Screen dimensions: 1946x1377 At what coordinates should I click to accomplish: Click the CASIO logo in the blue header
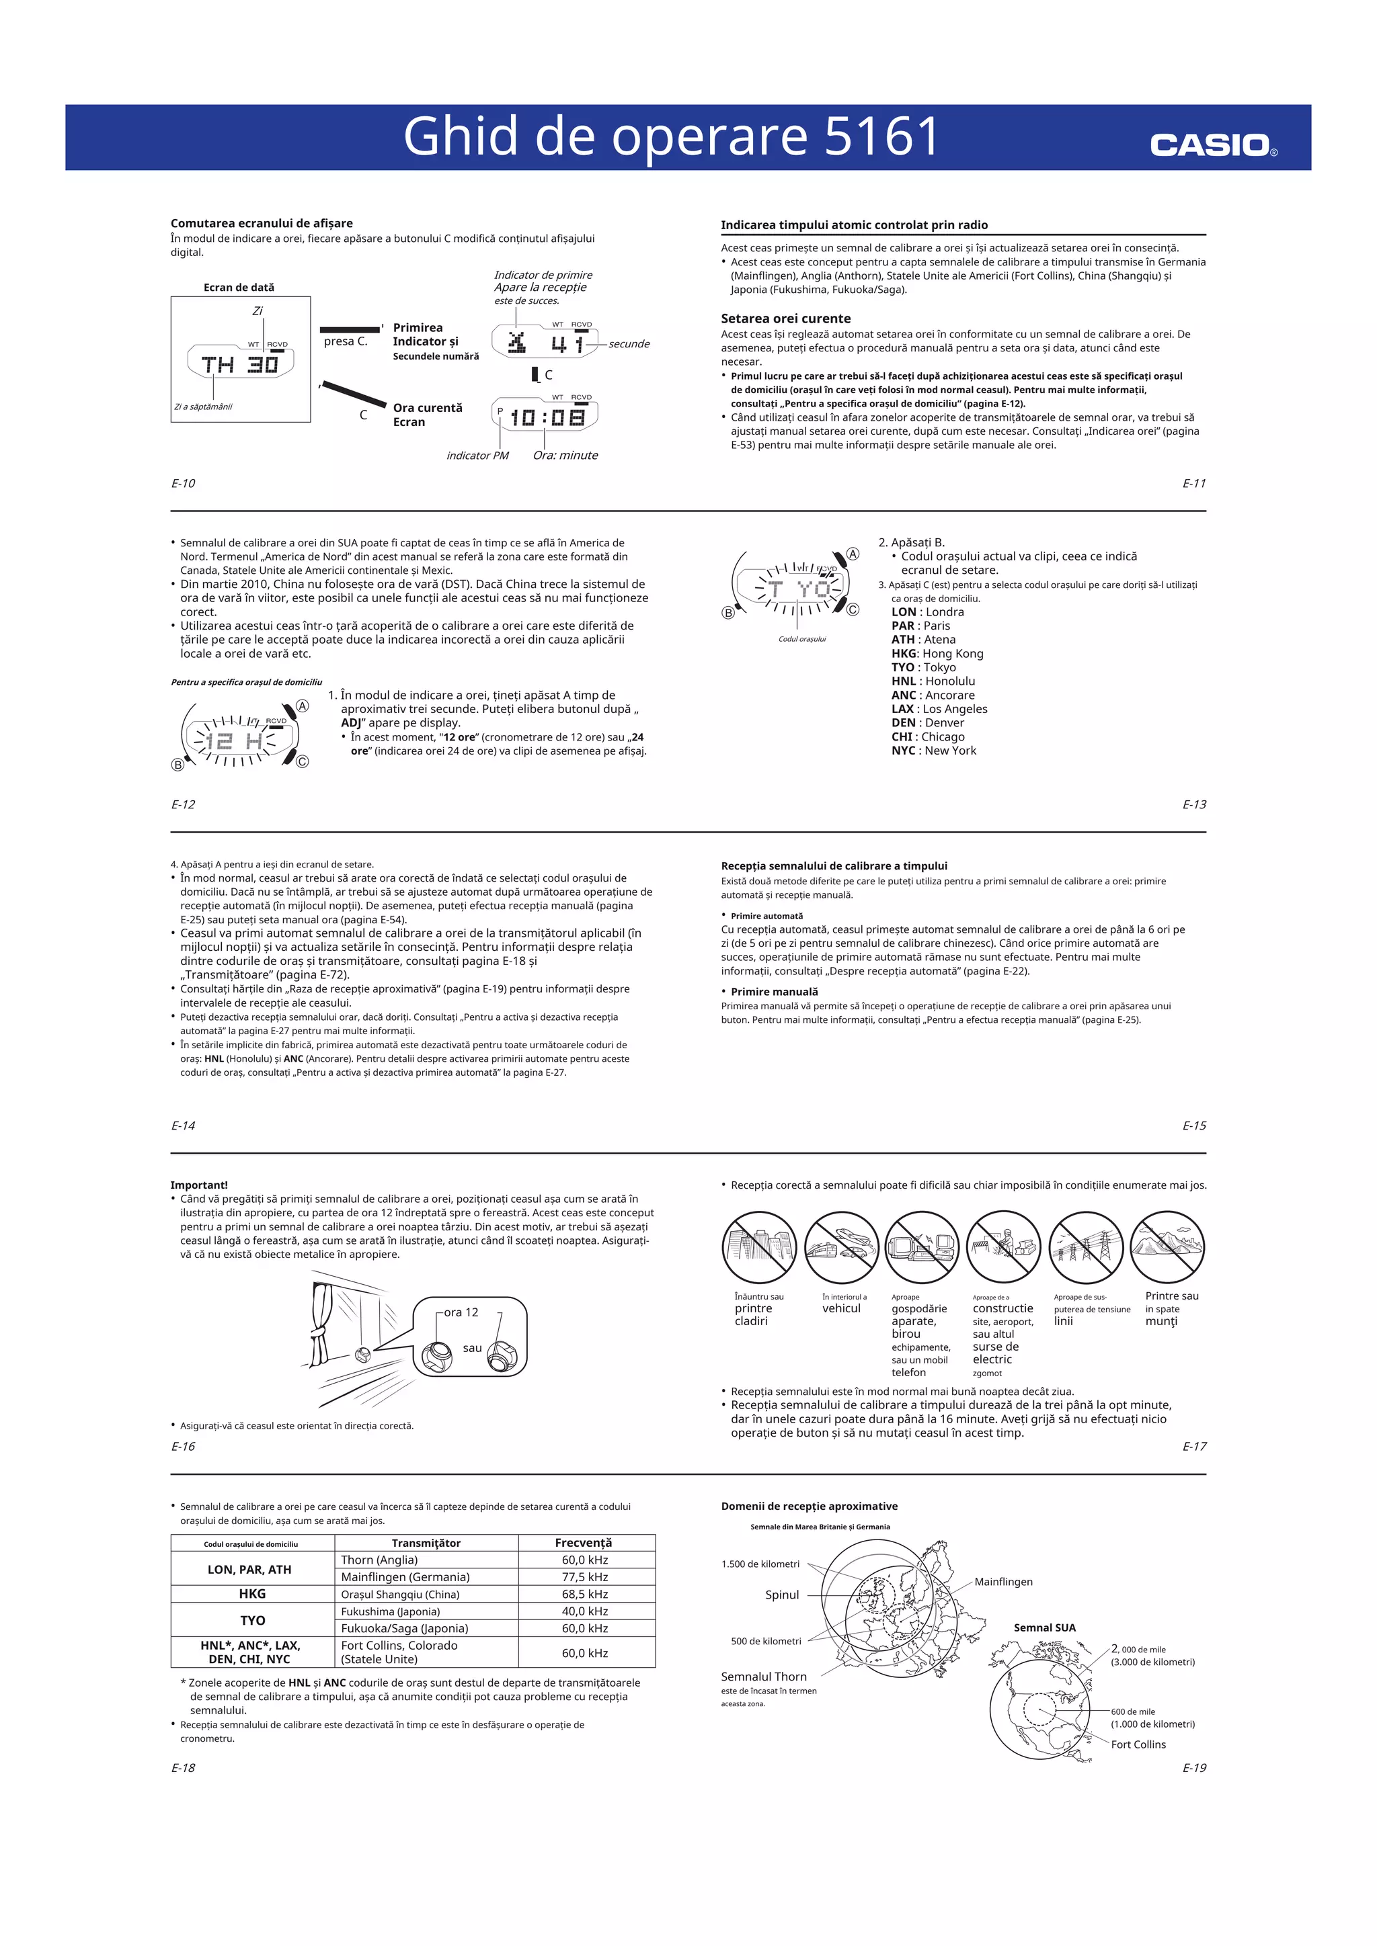click(1212, 145)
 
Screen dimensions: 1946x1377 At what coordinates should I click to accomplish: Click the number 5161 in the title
click(882, 136)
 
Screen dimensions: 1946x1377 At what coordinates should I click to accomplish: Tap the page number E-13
click(1194, 804)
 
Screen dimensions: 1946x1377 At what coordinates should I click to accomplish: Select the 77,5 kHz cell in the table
click(585, 1576)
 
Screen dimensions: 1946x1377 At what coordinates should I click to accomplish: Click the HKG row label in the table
click(252, 1593)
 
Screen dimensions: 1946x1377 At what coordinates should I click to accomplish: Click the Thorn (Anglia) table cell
click(379, 1560)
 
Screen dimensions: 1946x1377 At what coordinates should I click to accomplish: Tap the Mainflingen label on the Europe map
click(1003, 1582)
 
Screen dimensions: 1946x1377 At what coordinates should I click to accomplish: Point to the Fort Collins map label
click(1138, 1744)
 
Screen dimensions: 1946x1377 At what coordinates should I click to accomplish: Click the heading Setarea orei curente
click(785, 319)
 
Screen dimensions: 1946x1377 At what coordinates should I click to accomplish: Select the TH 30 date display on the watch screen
click(240, 364)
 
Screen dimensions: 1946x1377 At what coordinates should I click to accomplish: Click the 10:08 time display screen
click(546, 417)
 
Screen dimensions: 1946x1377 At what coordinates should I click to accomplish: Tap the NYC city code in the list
click(904, 750)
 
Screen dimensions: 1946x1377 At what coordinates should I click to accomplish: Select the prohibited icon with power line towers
click(1085, 1246)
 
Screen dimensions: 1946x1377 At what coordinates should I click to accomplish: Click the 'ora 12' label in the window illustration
click(461, 1312)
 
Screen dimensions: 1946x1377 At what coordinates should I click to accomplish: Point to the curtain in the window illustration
click(324, 1322)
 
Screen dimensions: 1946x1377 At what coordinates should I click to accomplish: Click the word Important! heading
click(199, 1185)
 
